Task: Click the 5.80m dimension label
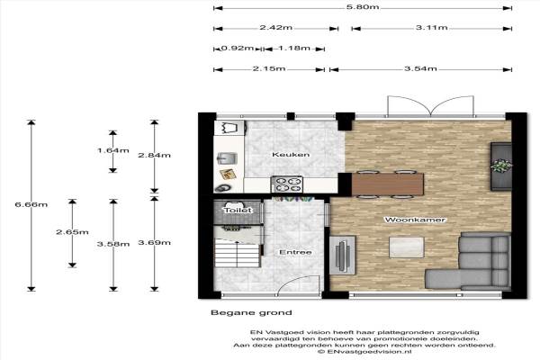[363, 7]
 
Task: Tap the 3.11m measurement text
[431, 28]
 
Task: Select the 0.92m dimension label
[238, 48]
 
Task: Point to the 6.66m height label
[31, 204]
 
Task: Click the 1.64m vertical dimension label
[113, 150]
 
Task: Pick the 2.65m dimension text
[72, 232]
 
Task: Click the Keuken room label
[291, 155]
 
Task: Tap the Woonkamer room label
[415, 220]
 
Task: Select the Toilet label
[238, 210]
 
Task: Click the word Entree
[295, 253]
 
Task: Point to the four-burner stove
[287, 184]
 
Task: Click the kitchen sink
[227, 158]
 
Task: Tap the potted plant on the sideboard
[501, 166]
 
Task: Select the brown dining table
[387, 184]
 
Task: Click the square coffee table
[407, 247]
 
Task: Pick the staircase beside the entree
[237, 253]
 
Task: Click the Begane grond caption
[251, 313]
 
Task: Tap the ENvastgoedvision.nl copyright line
[364, 352]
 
